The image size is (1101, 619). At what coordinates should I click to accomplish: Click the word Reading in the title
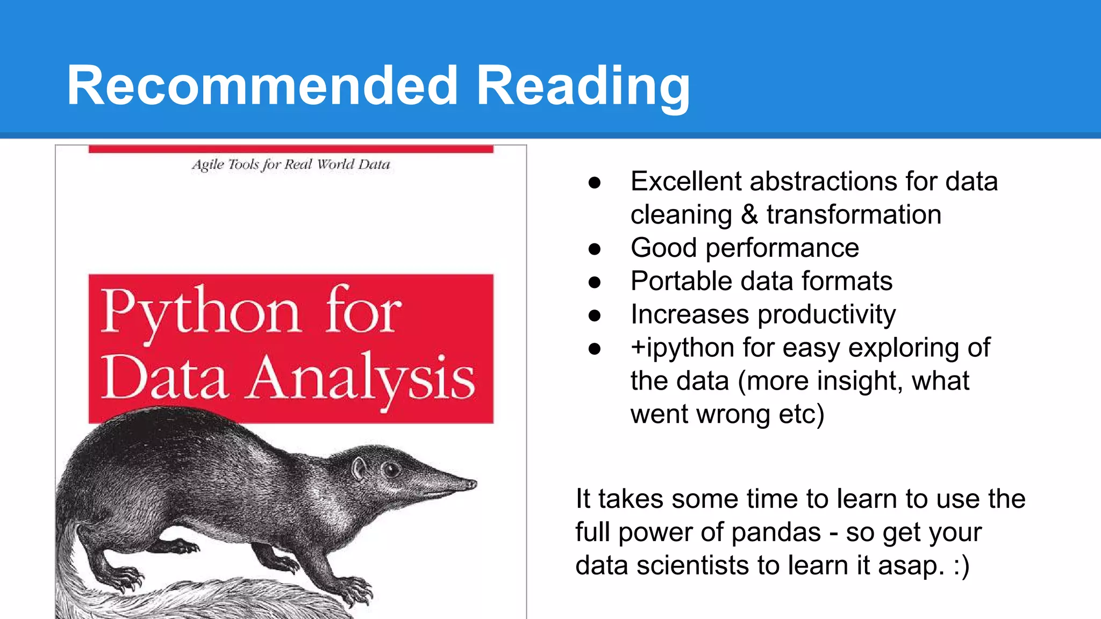click(x=583, y=86)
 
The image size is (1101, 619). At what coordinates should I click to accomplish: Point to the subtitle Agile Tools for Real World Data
click(x=291, y=164)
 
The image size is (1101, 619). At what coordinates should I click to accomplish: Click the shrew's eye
click(x=391, y=470)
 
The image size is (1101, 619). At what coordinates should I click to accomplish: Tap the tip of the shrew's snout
click(x=473, y=484)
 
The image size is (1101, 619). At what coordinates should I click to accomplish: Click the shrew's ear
click(x=358, y=469)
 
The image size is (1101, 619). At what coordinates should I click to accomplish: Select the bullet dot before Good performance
click(x=594, y=249)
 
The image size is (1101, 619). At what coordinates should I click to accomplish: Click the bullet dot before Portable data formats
click(x=594, y=282)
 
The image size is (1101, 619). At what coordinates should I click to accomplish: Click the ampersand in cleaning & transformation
click(x=749, y=214)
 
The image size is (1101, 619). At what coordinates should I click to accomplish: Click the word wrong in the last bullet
click(x=720, y=415)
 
